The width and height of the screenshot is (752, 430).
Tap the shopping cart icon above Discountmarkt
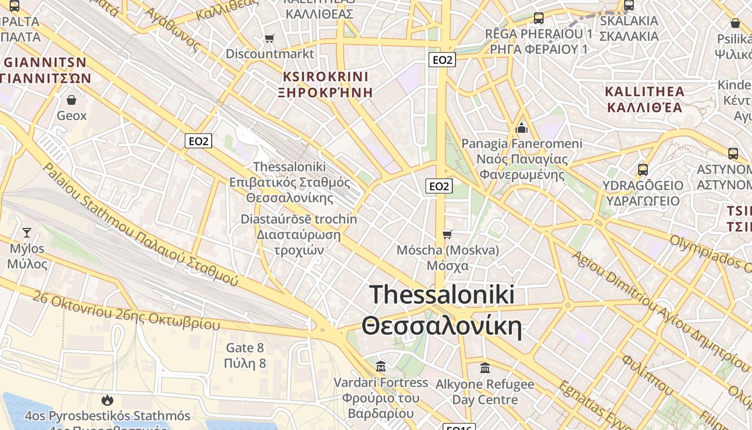tap(269, 38)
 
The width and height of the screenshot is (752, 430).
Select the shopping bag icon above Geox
tap(71, 100)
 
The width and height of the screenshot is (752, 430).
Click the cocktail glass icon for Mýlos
tap(26, 233)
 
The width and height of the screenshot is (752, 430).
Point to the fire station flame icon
tap(107, 400)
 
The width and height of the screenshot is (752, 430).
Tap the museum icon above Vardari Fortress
tap(381, 367)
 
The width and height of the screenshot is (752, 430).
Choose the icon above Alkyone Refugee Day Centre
tap(485, 368)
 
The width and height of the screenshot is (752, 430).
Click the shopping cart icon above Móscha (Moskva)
tap(447, 234)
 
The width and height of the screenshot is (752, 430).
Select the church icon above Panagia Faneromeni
tap(522, 128)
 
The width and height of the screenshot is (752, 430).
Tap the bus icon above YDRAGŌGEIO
tap(642, 170)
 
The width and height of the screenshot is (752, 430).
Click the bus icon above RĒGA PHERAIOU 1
tap(538, 18)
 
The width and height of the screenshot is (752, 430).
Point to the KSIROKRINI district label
tap(326, 76)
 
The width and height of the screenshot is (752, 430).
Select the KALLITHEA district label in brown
tap(645, 91)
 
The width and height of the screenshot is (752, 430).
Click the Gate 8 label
tap(245, 348)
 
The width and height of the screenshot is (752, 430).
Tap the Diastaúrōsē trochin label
tap(298, 219)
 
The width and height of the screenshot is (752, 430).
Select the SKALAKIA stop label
tap(628, 21)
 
